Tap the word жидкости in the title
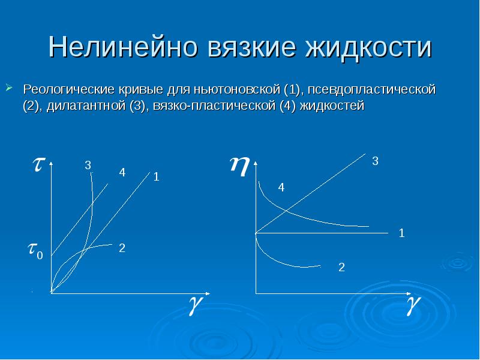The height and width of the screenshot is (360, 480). (x=369, y=47)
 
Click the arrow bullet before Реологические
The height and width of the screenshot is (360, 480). (x=10, y=89)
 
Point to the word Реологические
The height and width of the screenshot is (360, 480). (x=64, y=90)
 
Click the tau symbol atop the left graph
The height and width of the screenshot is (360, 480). (x=37, y=166)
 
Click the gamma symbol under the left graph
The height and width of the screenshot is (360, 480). (x=195, y=305)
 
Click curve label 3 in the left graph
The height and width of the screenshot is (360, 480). (x=88, y=165)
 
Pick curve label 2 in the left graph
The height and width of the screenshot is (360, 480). (x=122, y=247)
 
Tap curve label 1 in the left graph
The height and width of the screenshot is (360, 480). (x=156, y=177)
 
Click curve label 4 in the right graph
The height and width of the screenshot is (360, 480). (x=280, y=188)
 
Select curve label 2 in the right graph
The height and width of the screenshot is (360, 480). (x=341, y=268)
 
